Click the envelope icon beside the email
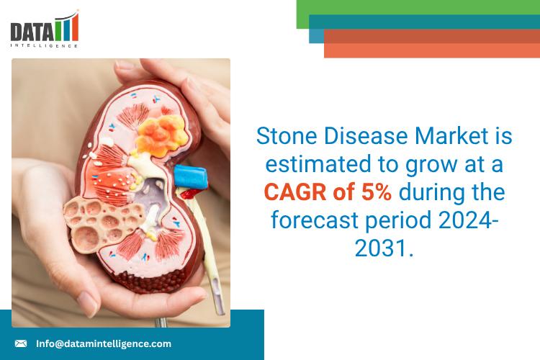[21, 343]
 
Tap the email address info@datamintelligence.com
[104, 343]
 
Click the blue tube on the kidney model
[192, 176]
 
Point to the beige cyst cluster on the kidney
[91, 217]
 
